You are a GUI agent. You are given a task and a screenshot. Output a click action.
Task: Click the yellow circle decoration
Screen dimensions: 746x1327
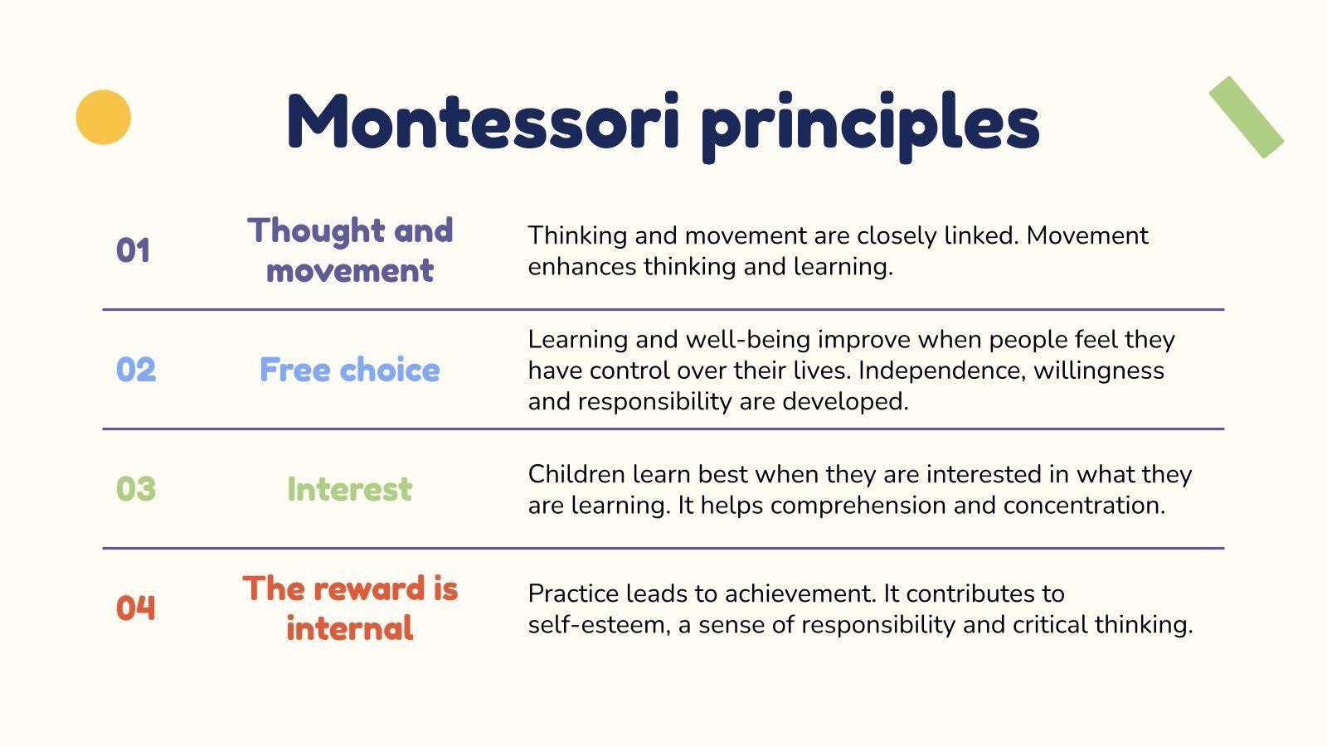[x=104, y=117]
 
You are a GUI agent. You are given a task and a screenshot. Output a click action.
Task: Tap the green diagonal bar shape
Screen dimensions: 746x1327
[x=1246, y=117]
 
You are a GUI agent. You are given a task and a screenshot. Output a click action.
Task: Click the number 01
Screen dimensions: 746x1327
[x=134, y=250]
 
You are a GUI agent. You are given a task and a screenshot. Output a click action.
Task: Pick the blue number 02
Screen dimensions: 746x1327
[x=136, y=370]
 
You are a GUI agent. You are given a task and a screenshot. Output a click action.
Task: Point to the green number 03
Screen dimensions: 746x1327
[x=136, y=489]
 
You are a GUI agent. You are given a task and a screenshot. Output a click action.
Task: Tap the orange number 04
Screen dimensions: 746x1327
[x=136, y=608]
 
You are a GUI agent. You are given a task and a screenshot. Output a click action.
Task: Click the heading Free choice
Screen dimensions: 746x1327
[x=349, y=370]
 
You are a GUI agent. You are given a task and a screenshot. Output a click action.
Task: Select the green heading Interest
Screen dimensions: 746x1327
[x=349, y=489]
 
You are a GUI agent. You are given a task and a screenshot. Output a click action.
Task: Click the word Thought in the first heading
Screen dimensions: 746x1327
[x=315, y=231]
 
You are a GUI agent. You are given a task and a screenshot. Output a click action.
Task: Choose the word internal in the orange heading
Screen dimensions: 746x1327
[x=349, y=628]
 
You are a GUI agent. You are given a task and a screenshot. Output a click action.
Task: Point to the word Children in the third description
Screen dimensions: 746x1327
[x=576, y=474]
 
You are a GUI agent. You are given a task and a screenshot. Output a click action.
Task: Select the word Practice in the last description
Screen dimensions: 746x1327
[x=573, y=593]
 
